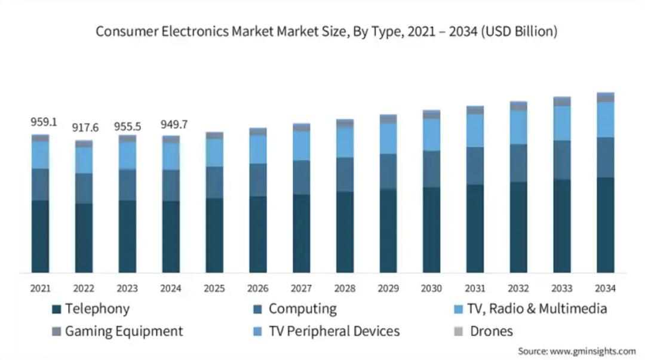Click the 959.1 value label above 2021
click(44, 122)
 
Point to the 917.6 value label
click(85, 128)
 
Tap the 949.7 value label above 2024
click(174, 125)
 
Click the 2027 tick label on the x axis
click(301, 288)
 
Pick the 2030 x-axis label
click(431, 288)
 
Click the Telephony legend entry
click(97, 309)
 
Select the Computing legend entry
click(302, 309)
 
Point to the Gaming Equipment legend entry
click(124, 331)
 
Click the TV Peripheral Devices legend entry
click(334, 331)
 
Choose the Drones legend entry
click(491, 331)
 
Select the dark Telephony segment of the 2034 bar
click(605, 226)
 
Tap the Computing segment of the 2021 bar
click(41, 184)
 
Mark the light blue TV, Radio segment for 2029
click(388, 139)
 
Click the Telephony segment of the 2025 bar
click(214, 236)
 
